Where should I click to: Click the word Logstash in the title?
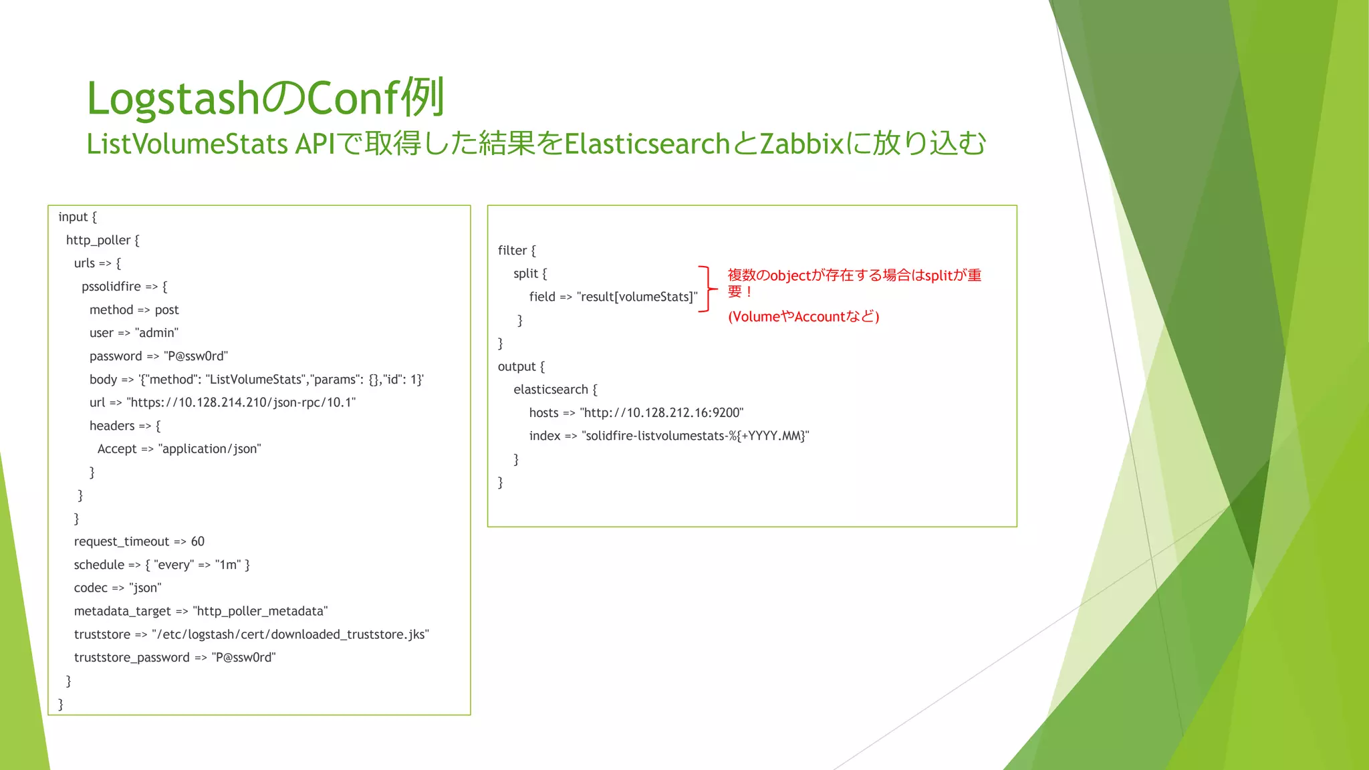tap(172, 98)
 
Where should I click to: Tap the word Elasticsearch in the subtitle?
tap(646, 144)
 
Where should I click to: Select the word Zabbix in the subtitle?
tap(801, 144)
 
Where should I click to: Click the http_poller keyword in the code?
tap(98, 240)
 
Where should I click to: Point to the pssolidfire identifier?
tap(111, 287)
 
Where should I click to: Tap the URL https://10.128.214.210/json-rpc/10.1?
tap(241, 402)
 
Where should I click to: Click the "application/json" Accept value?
tap(209, 449)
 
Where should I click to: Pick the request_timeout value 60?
tap(198, 541)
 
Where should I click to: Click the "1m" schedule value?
tap(227, 565)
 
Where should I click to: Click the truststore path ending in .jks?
tap(290, 634)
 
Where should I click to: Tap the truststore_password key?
tap(132, 658)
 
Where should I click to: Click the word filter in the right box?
tap(513, 251)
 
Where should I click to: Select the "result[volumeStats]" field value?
tap(636, 297)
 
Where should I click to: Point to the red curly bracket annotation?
tap(707, 289)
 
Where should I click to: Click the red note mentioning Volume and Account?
tap(803, 317)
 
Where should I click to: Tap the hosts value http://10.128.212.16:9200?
tap(662, 413)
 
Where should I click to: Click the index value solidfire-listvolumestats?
tap(695, 436)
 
